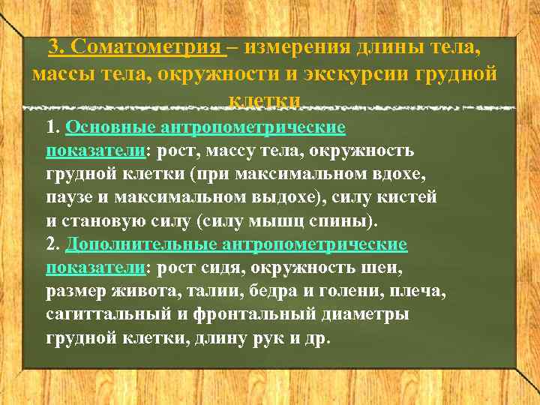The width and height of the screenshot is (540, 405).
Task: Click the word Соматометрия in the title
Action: tap(149, 49)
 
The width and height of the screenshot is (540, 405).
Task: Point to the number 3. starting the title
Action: tap(58, 49)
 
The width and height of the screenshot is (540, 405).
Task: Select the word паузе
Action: tap(70, 198)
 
